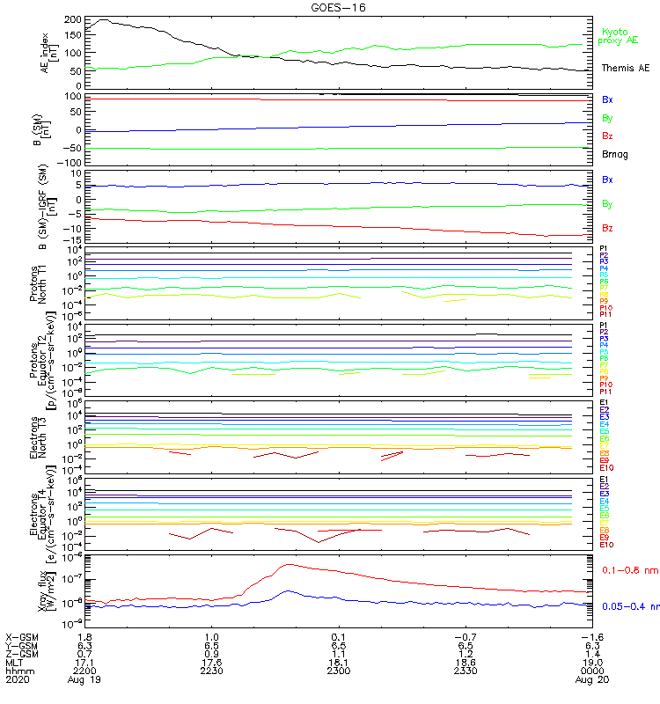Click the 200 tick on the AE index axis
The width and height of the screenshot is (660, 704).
tap(73, 18)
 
